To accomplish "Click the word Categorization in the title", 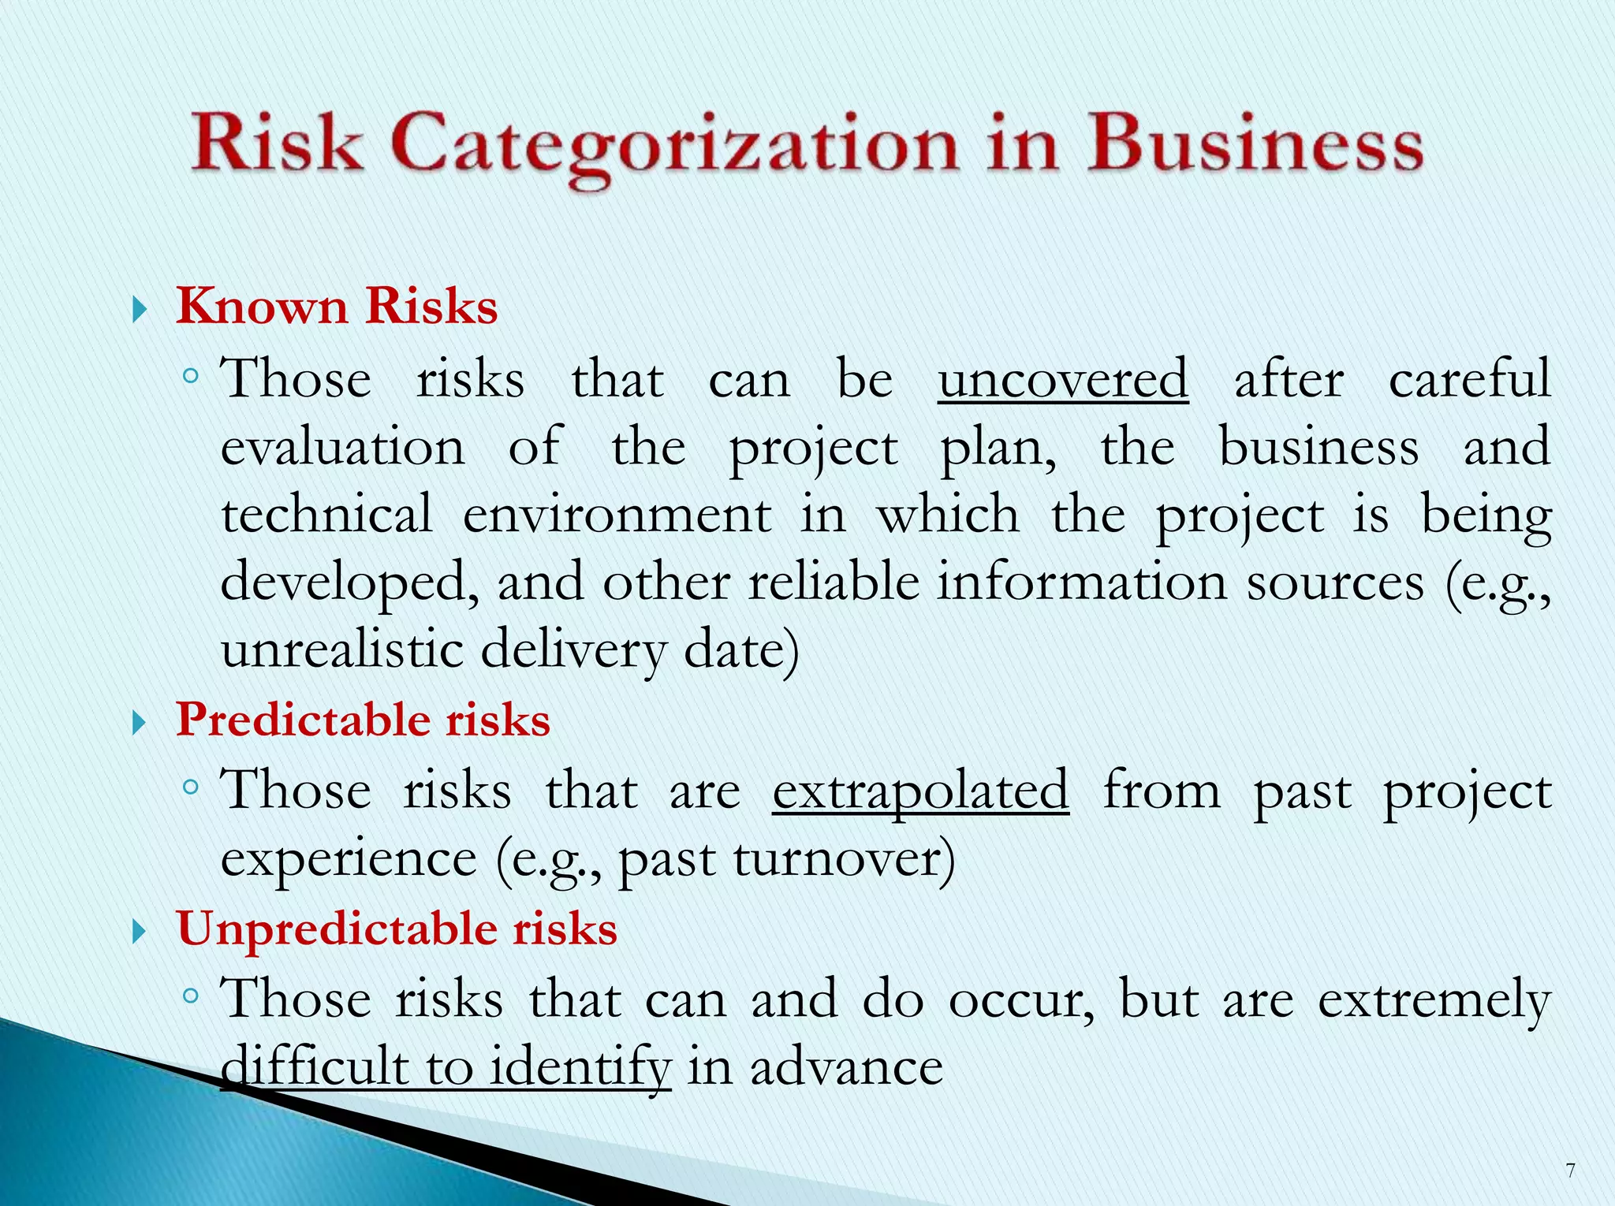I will [674, 146].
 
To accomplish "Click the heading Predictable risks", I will [363, 720].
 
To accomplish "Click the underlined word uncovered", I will [1063, 379].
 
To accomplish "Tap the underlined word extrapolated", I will [920, 791].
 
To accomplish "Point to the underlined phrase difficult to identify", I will [446, 1067].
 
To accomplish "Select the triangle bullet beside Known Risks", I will [140, 309].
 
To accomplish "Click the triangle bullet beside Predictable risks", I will [140, 722].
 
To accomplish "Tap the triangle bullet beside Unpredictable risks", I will [140, 932].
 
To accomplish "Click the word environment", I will [617, 516].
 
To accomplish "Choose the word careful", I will [1469, 379].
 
